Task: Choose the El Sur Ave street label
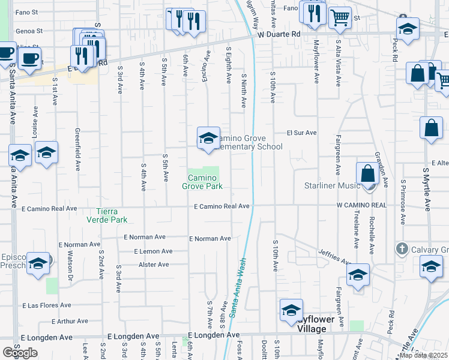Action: point(301,133)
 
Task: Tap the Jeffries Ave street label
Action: point(334,257)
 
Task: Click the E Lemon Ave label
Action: point(153,251)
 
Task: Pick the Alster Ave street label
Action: point(154,264)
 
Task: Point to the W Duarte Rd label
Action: point(279,35)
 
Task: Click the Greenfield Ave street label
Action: point(77,147)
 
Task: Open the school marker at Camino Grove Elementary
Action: point(208,138)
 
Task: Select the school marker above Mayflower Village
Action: point(291,310)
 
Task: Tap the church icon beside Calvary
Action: point(402,248)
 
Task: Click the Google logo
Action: point(20,353)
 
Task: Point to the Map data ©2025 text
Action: point(423,355)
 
